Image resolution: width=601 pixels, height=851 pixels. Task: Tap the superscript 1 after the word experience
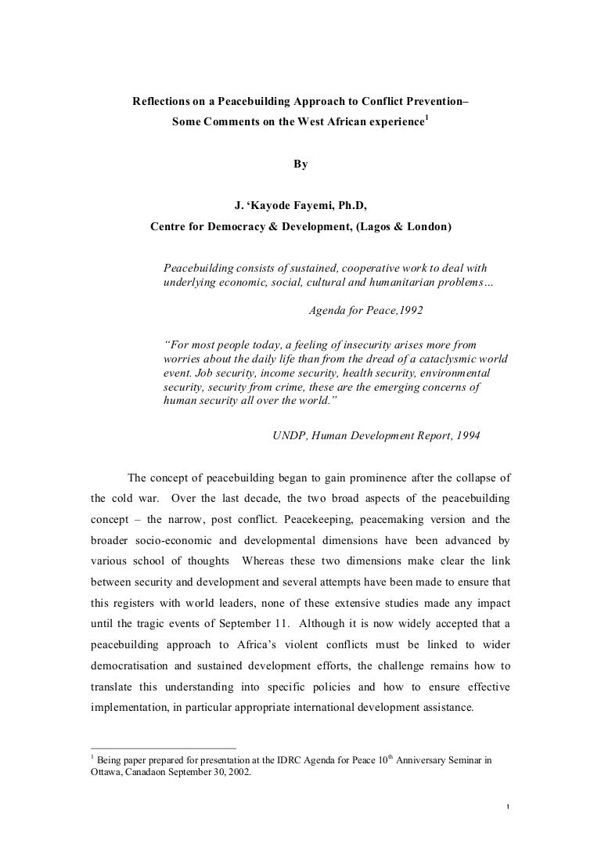(426, 118)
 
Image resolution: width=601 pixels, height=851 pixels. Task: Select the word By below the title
(300, 164)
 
